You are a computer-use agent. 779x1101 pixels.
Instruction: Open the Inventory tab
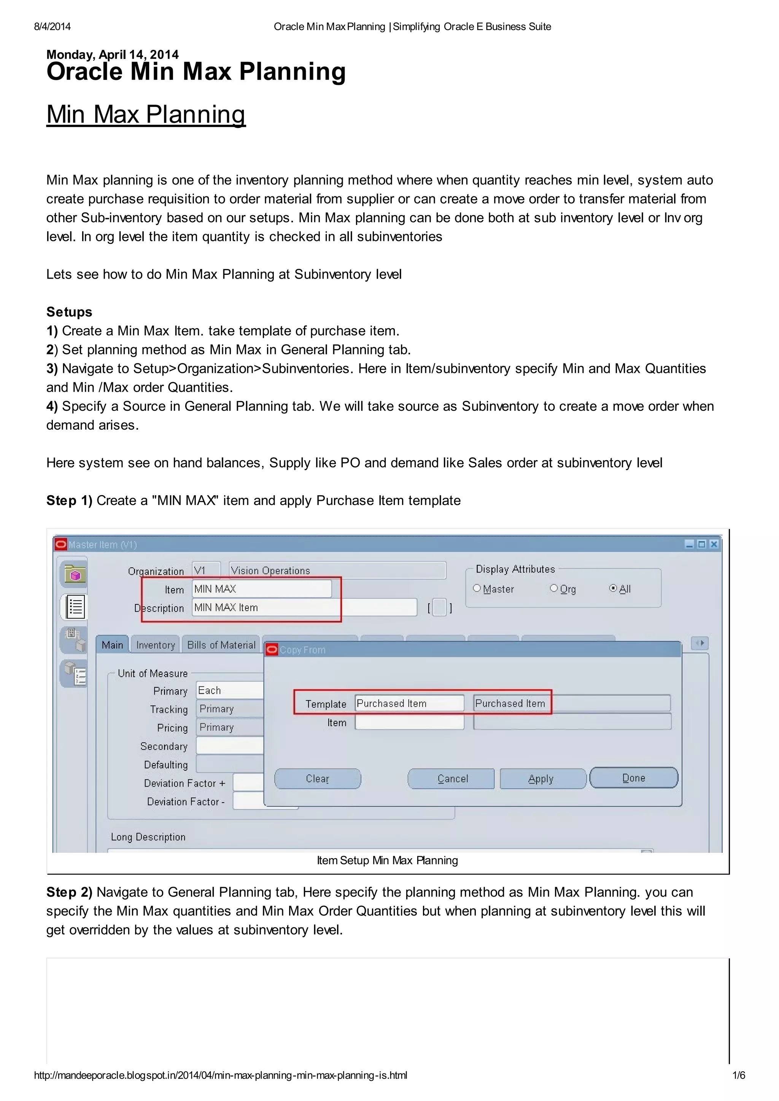[156, 645]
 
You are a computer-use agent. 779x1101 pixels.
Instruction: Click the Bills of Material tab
[221, 645]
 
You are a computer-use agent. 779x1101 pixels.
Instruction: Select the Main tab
[112, 645]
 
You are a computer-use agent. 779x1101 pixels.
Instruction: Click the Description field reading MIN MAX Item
[304, 608]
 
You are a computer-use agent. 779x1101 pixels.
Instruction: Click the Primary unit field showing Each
[229, 691]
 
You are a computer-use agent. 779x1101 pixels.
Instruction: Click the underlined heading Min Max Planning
[146, 114]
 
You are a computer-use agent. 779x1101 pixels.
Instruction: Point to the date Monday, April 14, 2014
[112, 54]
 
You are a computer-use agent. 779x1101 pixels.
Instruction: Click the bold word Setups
[69, 312]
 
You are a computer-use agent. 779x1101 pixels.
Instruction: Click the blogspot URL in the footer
[220, 1076]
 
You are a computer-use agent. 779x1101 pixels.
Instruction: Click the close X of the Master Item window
[714, 544]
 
